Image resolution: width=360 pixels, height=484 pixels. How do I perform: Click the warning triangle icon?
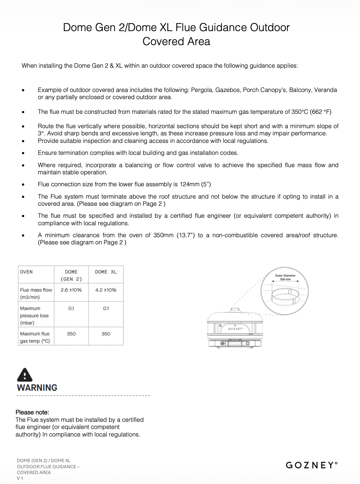(25, 375)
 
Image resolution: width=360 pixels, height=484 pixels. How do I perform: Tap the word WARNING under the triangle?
(37, 388)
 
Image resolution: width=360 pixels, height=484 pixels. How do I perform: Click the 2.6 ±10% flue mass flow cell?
(71, 290)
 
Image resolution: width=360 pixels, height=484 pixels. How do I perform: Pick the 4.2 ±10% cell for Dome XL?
(106, 290)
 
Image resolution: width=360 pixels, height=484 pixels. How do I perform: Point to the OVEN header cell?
(26, 272)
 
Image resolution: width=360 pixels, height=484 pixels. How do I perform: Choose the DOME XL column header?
(106, 272)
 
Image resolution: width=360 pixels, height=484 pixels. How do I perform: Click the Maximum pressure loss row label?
(34, 315)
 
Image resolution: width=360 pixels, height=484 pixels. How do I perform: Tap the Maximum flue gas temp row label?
(35, 337)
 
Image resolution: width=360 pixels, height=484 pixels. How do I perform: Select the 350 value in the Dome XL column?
(106, 334)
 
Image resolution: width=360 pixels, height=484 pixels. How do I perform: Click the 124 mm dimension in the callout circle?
(285, 279)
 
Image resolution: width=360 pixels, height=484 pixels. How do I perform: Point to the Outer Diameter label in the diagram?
(285, 275)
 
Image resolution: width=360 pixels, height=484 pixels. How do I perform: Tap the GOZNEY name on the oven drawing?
(235, 328)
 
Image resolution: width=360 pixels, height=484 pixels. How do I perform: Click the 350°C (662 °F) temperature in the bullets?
(311, 112)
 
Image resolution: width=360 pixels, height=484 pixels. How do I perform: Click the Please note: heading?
(32, 412)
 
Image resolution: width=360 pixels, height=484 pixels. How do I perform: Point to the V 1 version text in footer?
(20, 478)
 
